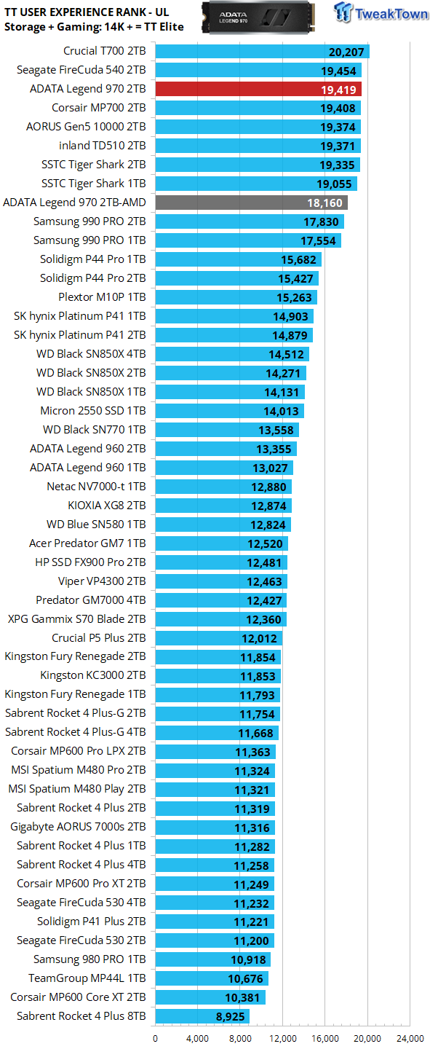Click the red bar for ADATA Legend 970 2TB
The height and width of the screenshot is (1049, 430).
click(x=258, y=89)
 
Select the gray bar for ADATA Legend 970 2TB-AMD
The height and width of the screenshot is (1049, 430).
click(x=251, y=203)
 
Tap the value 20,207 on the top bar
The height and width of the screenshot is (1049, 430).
click(x=346, y=52)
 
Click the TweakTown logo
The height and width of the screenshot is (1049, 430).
click(x=381, y=12)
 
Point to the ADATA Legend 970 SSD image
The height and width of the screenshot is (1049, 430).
click(x=258, y=17)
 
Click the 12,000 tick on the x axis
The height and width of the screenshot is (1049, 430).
click(x=282, y=1039)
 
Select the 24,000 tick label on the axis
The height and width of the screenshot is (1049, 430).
click(x=410, y=1039)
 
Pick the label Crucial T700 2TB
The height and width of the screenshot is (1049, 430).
click(x=104, y=50)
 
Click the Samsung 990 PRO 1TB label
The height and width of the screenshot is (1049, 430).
click(x=89, y=240)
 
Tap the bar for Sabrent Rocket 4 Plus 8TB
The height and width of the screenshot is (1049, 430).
click(x=202, y=1016)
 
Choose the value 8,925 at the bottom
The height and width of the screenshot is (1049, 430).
click(x=230, y=1017)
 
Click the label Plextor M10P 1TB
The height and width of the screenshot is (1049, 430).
click(x=102, y=297)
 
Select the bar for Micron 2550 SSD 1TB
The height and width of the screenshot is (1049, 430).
click(x=230, y=411)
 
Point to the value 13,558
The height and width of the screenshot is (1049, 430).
click(x=276, y=430)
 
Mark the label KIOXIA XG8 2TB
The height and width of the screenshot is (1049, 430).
click(x=107, y=506)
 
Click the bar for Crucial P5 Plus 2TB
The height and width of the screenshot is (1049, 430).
click(x=218, y=638)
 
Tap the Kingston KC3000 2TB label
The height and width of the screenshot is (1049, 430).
click(x=93, y=675)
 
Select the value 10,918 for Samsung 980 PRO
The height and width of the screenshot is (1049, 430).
click(x=248, y=960)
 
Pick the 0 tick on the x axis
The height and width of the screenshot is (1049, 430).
click(x=156, y=1039)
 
